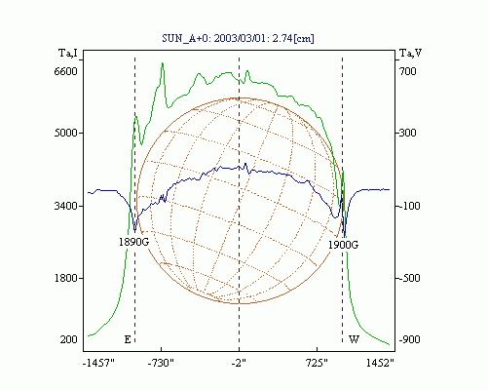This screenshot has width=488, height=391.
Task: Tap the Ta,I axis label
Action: (68, 53)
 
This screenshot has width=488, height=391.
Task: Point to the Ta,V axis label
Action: (411, 53)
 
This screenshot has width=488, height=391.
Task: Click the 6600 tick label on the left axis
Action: (66, 71)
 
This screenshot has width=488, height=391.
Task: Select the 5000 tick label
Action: (66, 133)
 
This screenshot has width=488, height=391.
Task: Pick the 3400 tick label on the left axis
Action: (66, 206)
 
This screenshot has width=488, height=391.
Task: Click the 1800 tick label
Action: (66, 278)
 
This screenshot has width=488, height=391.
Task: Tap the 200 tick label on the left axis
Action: (68, 339)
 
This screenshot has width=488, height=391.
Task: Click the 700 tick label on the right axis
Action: (408, 71)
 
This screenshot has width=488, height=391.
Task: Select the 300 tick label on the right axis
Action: (408, 133)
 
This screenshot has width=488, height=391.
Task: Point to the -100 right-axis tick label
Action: (410, 206)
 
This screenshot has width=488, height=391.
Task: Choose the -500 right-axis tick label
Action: (410, 278)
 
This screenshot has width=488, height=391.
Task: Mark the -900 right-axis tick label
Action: (410, 339)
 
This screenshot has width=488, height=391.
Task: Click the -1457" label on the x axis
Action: (99, 363)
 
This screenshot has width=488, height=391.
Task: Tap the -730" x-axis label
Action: (161, 363)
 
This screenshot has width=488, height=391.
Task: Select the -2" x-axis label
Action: (239, 363)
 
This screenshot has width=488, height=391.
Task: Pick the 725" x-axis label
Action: (317, 363)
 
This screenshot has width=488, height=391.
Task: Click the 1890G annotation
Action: (133, 242)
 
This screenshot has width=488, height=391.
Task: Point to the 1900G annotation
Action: (343, 245)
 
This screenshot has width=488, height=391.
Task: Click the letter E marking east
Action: (128, 339)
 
